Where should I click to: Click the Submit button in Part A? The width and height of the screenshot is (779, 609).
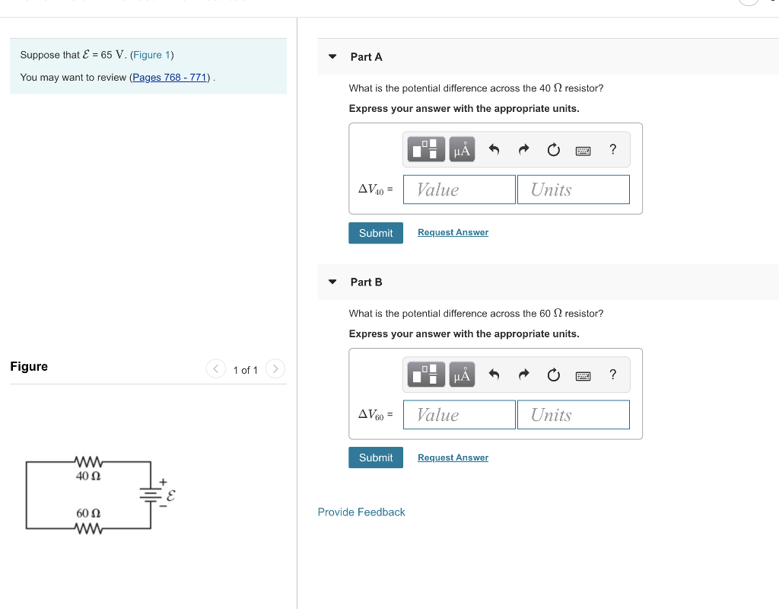click(376, 233)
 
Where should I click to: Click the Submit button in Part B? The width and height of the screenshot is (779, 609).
click(376, 458)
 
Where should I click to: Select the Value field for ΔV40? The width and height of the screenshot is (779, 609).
click(459, 190)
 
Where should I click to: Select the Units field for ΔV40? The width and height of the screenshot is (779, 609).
click(574, 190)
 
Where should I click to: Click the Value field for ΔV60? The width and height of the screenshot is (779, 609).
click(459, 415)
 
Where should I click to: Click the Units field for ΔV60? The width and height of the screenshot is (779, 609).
click(574, 415)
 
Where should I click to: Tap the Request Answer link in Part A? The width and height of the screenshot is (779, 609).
click(453, 232)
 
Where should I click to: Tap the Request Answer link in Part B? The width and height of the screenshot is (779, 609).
click(453, 458)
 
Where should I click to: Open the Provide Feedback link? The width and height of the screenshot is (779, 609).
click(361, 512)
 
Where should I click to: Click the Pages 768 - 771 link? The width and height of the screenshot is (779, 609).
click(170, 78)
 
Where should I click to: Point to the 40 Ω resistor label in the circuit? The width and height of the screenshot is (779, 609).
click(89, 476)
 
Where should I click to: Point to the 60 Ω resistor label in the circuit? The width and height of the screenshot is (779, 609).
click(89, 514)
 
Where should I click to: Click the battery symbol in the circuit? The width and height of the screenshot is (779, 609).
click(151, 495)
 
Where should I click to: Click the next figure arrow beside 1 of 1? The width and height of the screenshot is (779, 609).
click(275, 369)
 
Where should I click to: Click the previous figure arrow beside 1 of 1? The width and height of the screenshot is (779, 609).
click(215, 369)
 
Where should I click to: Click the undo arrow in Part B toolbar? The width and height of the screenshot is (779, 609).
click(494, 375)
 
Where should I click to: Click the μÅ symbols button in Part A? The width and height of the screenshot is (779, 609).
click(462, 150)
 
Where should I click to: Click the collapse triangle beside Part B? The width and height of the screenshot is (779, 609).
click(332, 282)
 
